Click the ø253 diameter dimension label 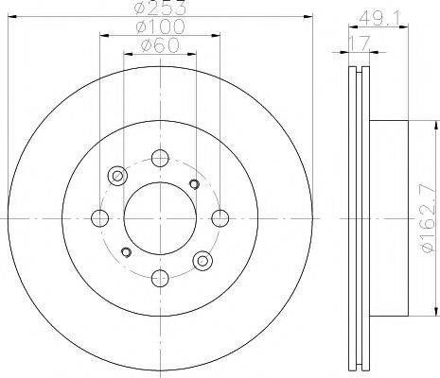(159, 8)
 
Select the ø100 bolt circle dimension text (160, 26)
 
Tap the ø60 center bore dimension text (160, 45)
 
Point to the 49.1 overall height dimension (379, 19)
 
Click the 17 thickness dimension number (359, 43)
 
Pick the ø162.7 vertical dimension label (429, 218)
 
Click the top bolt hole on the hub (160, 158)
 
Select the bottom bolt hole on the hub (160, 278)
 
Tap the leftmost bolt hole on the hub (100, 218)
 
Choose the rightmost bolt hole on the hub (220, 218)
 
